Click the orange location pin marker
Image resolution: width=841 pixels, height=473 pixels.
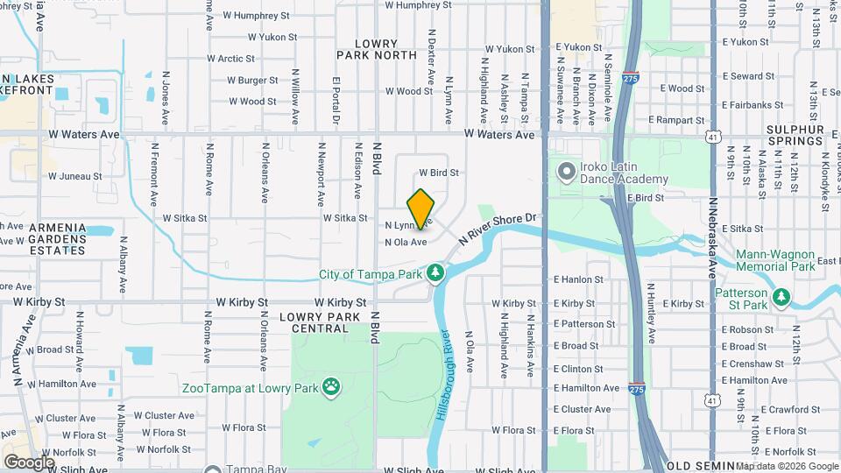click(420, 208)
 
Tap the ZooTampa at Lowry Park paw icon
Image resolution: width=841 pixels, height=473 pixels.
click(331, 387)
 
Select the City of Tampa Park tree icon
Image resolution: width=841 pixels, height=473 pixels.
click(435, 275)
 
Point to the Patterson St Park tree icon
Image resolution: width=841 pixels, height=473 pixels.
click(781, 297)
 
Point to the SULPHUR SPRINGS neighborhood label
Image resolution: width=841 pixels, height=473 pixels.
click(795, 135)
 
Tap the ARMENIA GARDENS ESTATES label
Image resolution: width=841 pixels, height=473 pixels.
click(57, 239)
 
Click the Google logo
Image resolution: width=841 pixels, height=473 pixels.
click(29, 462)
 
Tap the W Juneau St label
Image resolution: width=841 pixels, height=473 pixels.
click(74, 176)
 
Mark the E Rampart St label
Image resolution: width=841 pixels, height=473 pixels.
click(677, 120)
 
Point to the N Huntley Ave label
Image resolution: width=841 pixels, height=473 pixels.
click(651, 313)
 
